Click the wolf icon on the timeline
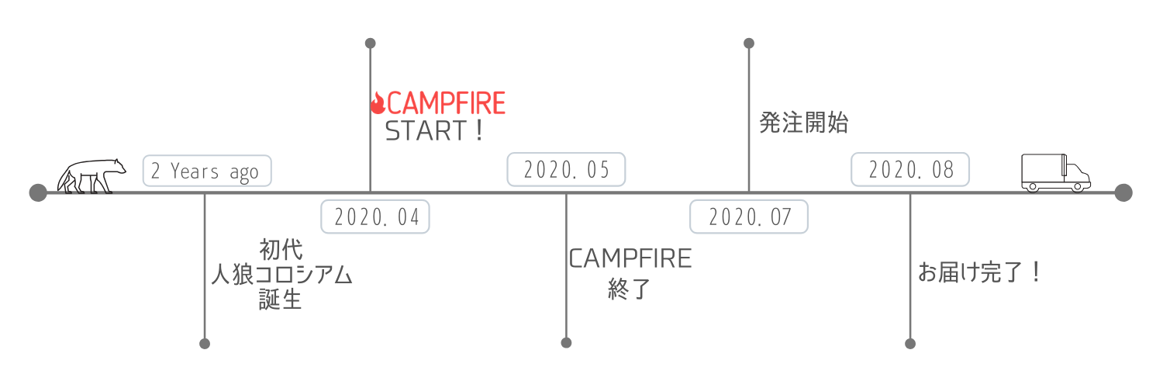[91, 176]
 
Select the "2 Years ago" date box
[207, 171]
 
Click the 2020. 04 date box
[375, 217]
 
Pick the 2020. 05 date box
[565, 170]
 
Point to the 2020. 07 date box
[749, 217]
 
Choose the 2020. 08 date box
[910, 170]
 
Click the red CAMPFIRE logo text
[446, 102]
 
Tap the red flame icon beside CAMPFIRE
[378, 102]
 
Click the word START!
[435, 131]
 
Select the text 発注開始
[803, 123]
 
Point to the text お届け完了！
[978, 272]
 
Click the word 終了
[629, 289]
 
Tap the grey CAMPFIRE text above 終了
[630, 258]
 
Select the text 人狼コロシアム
[281, 275]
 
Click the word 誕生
[281, 300]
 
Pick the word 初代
[281, 250]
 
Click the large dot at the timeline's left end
[37, 192]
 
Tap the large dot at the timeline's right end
[1123, 192]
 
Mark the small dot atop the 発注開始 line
[749, 43]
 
